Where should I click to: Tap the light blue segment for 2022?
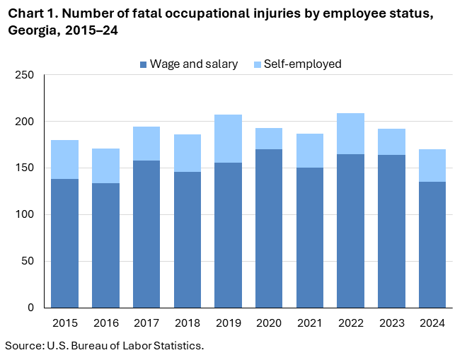pos(350,134)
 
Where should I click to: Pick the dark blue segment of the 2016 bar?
pos(106,245)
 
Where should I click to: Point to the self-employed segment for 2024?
pos(432,166)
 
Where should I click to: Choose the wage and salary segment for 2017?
pos(146,233)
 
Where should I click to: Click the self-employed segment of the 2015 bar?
pos(65,159)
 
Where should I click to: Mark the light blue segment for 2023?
pos(391,141)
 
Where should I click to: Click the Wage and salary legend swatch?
pos(144,64)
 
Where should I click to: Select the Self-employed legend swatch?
pos(257,64)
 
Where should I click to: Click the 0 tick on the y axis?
pos(30,308)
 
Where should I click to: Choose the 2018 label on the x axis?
pos(188,323)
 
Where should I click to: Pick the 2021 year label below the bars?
pos(309,323)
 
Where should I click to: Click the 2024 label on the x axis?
pos(432,323)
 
